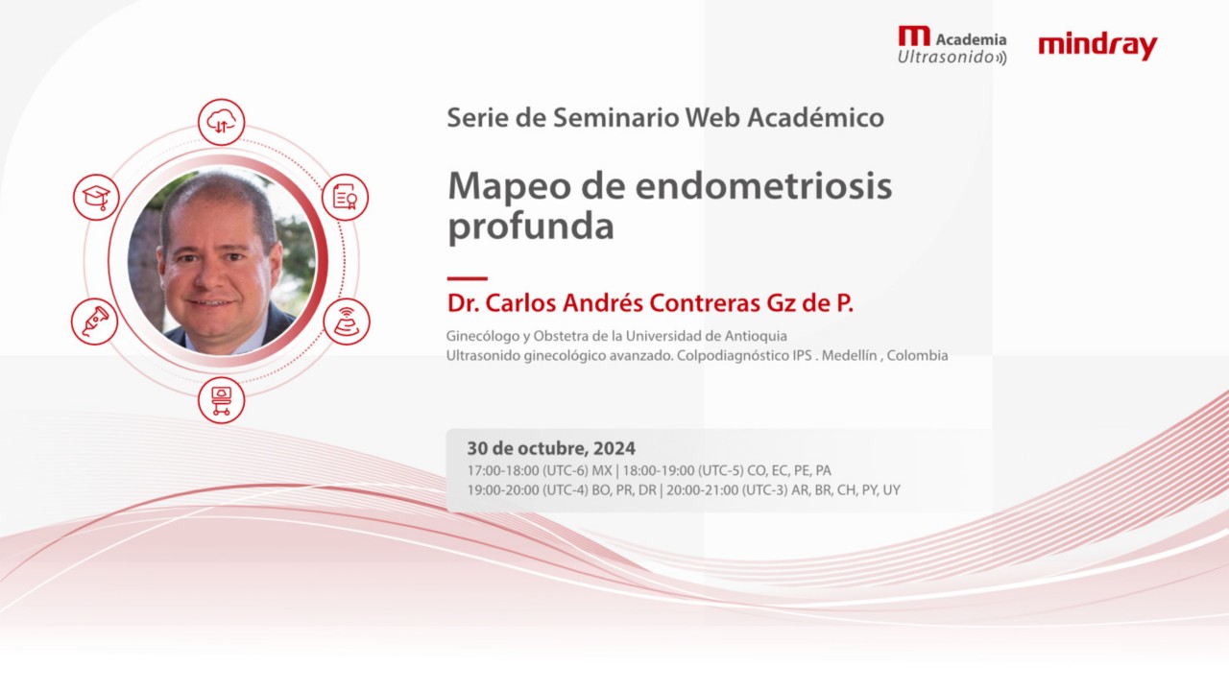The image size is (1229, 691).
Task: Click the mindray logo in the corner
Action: point(1097,46)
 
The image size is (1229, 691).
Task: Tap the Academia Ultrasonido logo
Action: point(952,46)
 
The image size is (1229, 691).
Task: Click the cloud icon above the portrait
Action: point(222,122)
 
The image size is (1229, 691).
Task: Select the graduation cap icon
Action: point(96,197)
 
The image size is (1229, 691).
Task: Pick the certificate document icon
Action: point(345,197)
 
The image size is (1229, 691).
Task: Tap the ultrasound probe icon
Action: point(95,321)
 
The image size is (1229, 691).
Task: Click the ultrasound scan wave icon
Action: point(346,322)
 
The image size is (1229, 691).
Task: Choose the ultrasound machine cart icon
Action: point(221,399)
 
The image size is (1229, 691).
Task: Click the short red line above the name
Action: point(467,278)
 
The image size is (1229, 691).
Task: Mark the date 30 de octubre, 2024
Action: point(551,448)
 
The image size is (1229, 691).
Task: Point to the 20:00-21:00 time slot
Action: point(703,489)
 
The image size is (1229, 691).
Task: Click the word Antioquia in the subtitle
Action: point(754,336)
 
